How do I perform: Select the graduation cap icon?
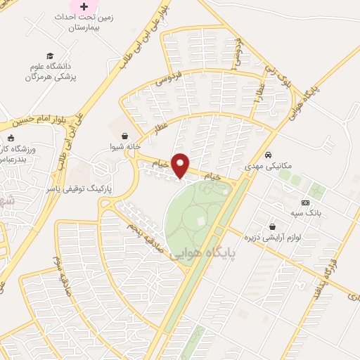click(x=50, y=56)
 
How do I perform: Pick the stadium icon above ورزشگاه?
click(x=12, y=138)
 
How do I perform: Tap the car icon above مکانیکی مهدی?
click(x=269, y=155)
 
